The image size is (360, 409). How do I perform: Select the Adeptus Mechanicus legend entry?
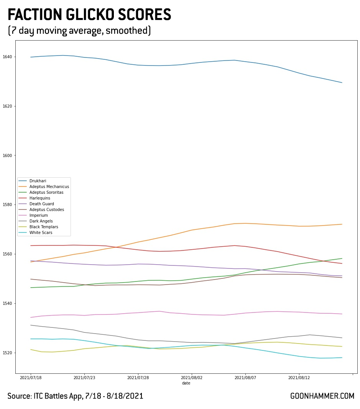tap(48, 187)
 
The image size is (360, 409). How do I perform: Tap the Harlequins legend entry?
tap(40, 198)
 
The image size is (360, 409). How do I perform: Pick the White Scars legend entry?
tap(40, 232)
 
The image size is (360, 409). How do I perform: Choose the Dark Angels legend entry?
tap(41, 221)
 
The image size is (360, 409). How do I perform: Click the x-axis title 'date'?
tap(186, 383)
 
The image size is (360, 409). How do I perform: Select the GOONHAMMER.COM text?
tap(322, 396)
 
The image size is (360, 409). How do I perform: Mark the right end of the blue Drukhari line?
tap(342, 83)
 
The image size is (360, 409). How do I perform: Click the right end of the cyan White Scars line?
tap(342, 358)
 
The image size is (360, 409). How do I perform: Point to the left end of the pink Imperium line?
tap(31, 317)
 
